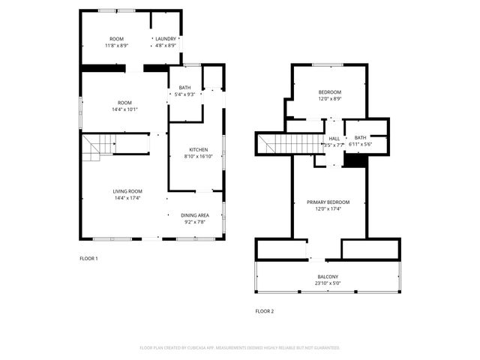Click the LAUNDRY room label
pyautogui.click(x=165, y=39)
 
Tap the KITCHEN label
pyautogui.click(x=196, y=149)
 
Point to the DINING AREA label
pyautogui.click(x=194, y=215)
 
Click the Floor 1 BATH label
pyautogui.click(x=184, y=88)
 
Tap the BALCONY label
pyautogui.click(x=327, y=277)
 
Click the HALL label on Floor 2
pyautogui.click(x=334, y=138)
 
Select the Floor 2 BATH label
pyautogui.click(x=360, y=137)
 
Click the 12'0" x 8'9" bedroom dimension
pyautogui.click(x=329, y=99)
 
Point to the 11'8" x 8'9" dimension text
pyautogui.click(x=116, y=46)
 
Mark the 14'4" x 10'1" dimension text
pyautogui.click(x=124, y=109)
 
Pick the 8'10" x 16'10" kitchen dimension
pyautogui.click(x=196, y=156)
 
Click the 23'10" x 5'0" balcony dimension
pyautogui.click(x=327, y=283)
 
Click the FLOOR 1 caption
pyautogui.click(x=88, y=259)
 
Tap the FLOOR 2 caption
pyautogui.click(x=264, y=311)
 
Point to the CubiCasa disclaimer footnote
pyautogui.click(x=240, y=348)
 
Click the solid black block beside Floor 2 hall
pyautogui.click(x=355, y=160)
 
